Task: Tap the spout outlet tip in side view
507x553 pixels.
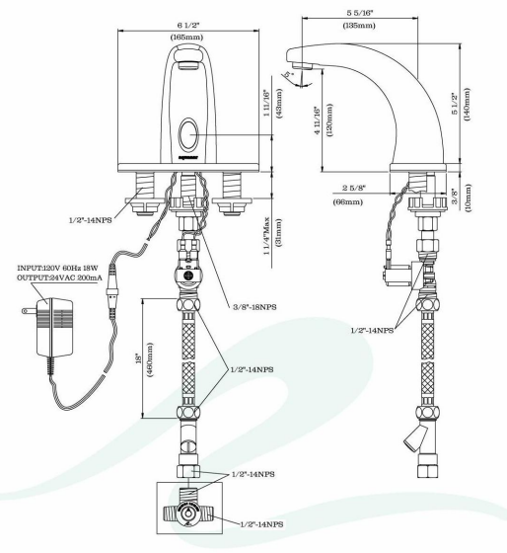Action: (308, 65)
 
